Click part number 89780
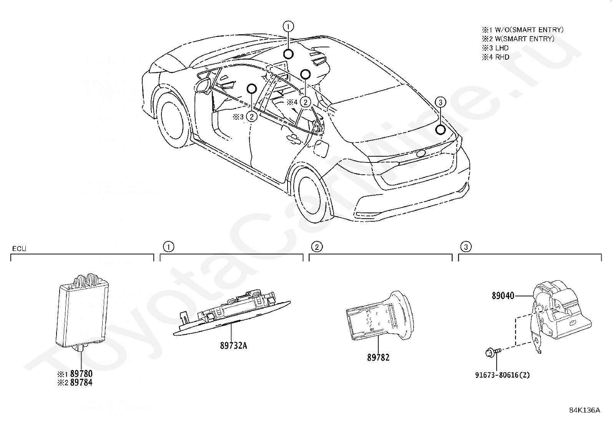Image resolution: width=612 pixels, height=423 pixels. click(x=81, y=374)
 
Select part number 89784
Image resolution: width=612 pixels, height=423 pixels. click(x=81, y=383)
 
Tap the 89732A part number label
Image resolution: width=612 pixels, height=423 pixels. click(x=233, y=346)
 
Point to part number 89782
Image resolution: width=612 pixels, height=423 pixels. click(x=378, y=358)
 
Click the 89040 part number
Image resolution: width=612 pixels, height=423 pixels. click(x=503, y=296)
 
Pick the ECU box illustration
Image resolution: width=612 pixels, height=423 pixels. click(x=82, y=310)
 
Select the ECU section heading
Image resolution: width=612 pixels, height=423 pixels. click(x=19, y=249)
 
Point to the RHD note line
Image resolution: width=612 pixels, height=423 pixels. click(x=496, y=57)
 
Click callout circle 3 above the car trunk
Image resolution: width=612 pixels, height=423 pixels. click(x=441, y=102)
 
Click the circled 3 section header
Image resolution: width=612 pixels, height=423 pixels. click(x=465, y=247)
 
